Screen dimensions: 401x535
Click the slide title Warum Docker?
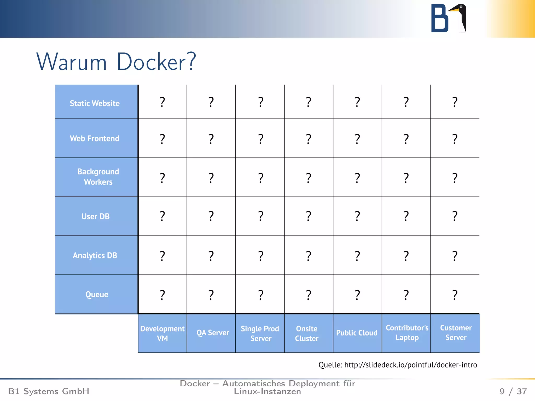pos(116,62)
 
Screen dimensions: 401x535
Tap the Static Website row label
pos(95,103)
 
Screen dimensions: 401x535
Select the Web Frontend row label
pos(95,138)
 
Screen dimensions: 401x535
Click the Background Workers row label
pos(98,177)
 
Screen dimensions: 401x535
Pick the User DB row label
pos(95,216)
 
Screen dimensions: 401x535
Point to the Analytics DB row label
pos(95,255)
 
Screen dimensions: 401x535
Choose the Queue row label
pos(97,294)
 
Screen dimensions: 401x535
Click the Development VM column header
pos(162,333)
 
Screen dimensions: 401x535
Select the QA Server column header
pos(213,333)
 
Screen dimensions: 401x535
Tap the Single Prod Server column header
pos(260,333)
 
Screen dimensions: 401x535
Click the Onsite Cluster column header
pos(307,333)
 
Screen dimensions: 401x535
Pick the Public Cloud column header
pos(357,333)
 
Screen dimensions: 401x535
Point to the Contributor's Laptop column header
pos(407,333)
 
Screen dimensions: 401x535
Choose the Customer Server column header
pos(456,333)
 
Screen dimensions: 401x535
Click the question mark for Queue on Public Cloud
pos(357,295)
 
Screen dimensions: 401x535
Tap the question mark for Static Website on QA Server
pos(211,102)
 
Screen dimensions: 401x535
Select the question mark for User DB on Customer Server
pos(455,216)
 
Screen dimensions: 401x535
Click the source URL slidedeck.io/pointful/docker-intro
pos(410,365)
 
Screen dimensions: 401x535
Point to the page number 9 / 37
pos(513,391)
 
